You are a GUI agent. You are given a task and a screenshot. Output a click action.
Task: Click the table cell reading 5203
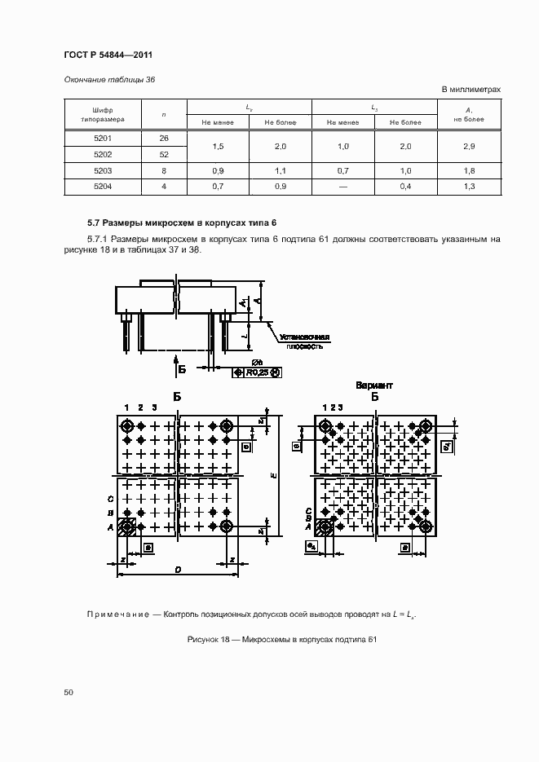103,171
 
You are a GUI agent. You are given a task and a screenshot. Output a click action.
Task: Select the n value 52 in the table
164,154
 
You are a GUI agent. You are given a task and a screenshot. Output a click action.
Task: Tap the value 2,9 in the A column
469,146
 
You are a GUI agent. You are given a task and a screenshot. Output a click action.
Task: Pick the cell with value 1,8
469,171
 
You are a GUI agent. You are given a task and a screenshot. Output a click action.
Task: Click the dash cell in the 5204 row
342,187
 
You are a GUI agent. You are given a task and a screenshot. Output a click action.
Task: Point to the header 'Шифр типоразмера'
103,114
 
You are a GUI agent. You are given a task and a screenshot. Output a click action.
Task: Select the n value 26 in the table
164,138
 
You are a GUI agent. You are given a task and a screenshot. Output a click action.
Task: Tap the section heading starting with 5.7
183,222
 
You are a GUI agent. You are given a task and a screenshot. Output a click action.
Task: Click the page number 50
68,692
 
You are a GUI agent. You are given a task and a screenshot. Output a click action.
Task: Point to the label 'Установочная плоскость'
303,341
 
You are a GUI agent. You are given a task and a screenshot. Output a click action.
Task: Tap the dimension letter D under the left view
178,569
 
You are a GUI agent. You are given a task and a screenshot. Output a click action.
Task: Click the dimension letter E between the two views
275,474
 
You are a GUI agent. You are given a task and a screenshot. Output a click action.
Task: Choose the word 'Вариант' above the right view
374,385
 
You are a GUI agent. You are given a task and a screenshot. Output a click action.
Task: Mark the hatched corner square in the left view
127,527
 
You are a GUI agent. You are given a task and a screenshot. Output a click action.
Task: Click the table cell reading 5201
103,138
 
